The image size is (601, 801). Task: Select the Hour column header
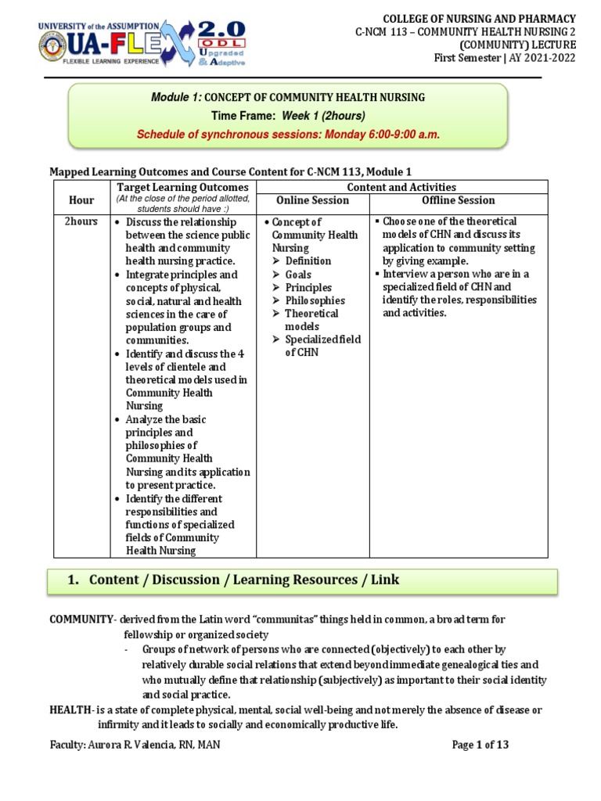tap(81, 200)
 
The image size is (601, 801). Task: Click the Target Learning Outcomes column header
tap(182, 187)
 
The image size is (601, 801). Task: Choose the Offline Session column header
tap(458, 200)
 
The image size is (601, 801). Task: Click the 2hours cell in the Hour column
tap(81, 221)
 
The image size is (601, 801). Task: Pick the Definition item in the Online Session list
tap(308, 261)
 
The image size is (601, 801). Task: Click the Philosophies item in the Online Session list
tap(315, 300)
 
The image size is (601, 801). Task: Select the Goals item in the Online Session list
tap(298, 275)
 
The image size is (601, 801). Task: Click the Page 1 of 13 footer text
tap(480, 745)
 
